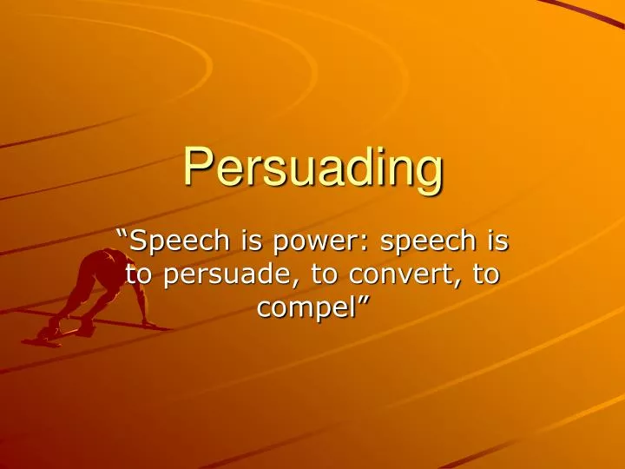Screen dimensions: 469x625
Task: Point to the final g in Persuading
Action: [x=429, y=174]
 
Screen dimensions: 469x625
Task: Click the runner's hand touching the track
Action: [x=149, y=325]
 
